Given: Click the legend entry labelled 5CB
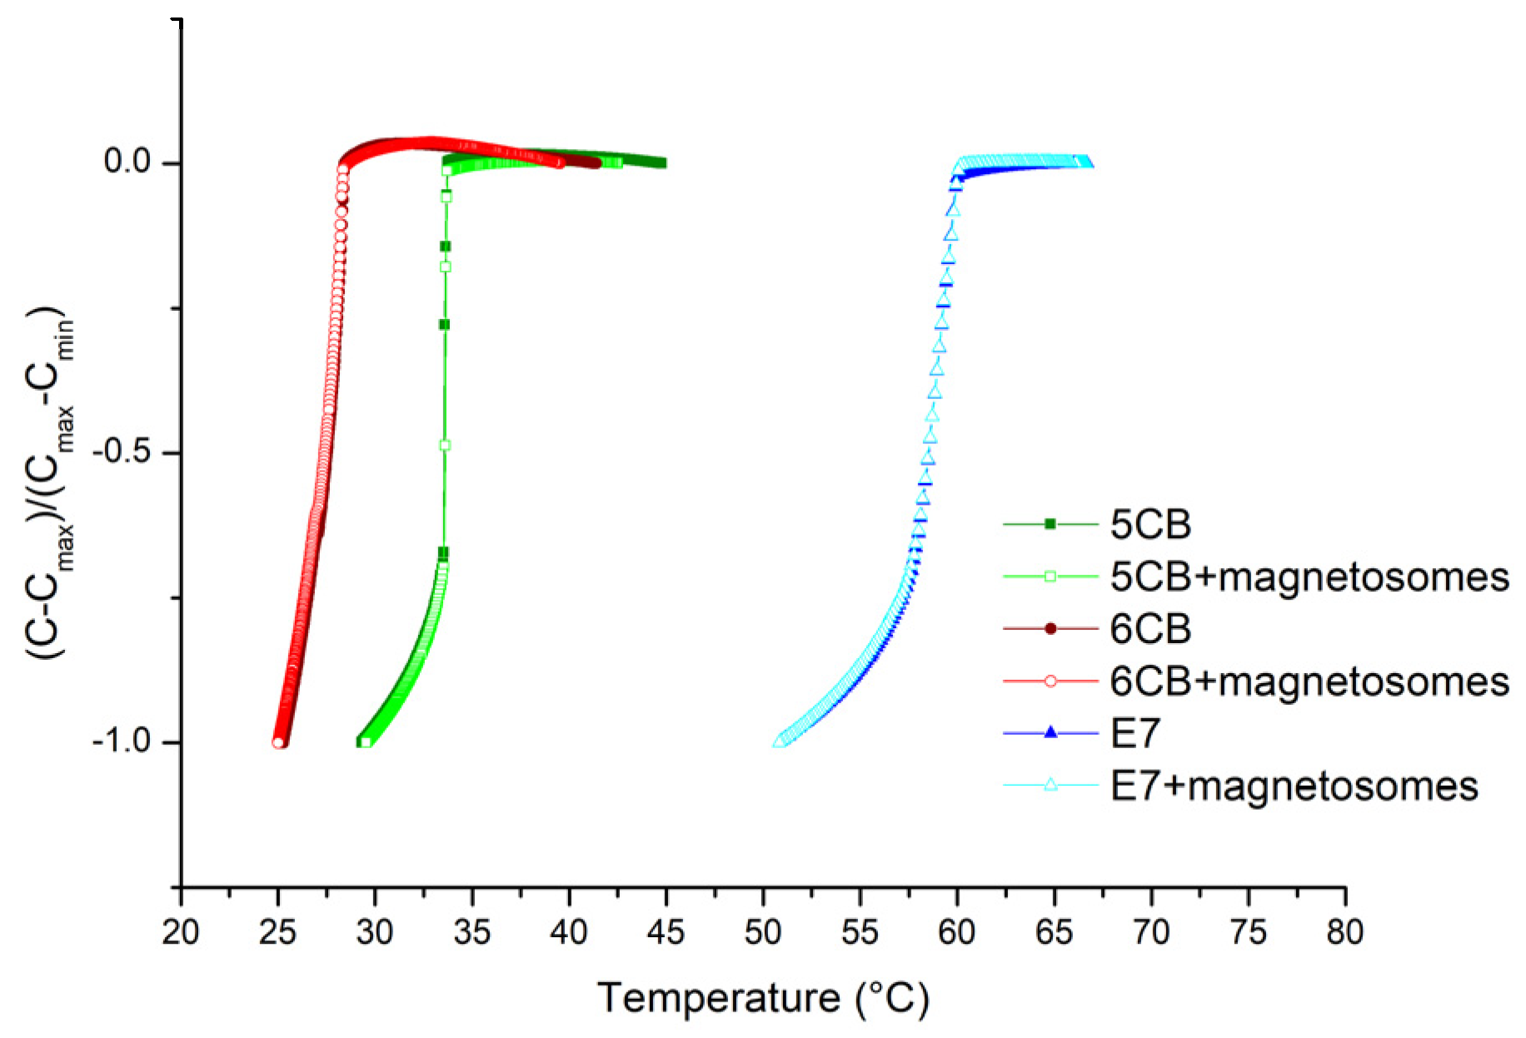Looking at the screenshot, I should point(1150,524).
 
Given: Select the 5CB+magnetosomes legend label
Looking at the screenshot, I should point(1309,576).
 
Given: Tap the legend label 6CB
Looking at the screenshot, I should point(1150,629).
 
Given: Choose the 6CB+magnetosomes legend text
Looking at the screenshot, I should point(1309,681).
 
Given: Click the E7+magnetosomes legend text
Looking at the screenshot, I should point(1294,786).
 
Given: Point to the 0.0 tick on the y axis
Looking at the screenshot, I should point(127,162).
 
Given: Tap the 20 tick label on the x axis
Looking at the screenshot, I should point(181,932).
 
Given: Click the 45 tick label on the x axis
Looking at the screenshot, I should point(666,932).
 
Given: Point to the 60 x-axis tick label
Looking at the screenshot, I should point(957,932).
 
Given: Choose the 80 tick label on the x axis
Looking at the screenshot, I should point(1344,932).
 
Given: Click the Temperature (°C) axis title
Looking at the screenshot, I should point(762,997).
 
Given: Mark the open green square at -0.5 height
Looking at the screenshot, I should point(445,446).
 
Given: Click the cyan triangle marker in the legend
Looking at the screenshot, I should point(1050,785).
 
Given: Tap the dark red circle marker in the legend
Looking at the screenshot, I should point(1050,628).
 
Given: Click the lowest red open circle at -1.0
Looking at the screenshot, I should point(278,742).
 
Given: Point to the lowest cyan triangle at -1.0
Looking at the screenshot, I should point(780,741).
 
